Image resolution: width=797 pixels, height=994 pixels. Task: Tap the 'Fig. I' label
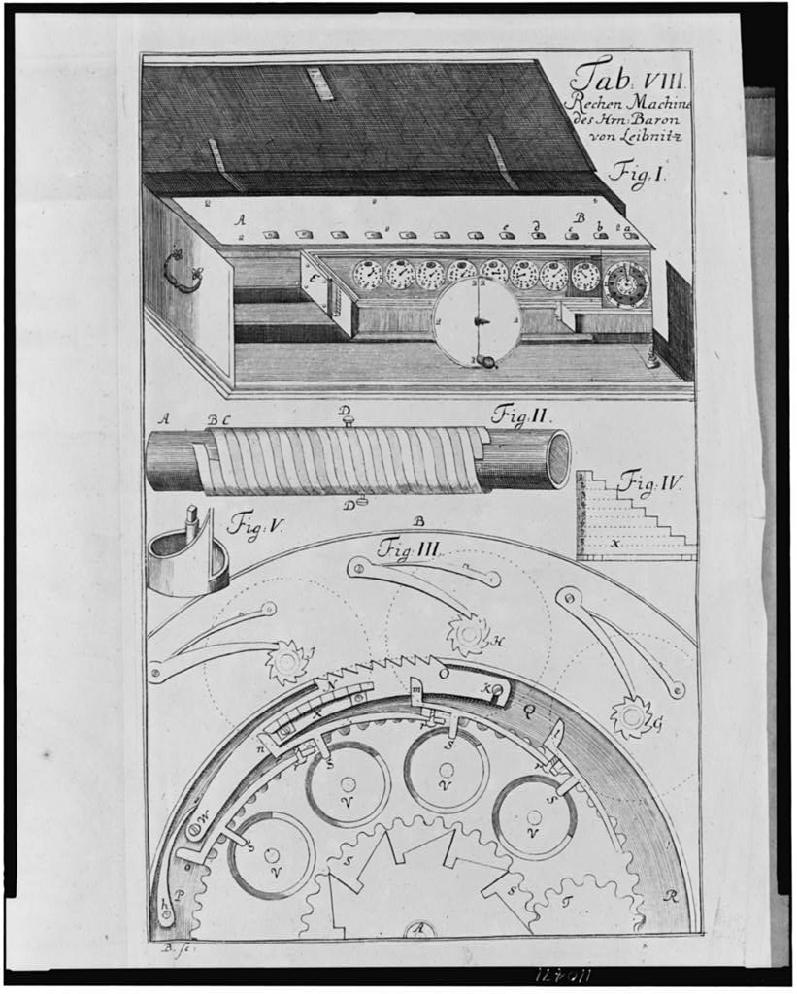(x=635, y=175)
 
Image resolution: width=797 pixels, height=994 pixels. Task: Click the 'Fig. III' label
(x=410, y=549)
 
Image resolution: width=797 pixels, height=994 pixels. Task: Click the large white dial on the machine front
(x=476, y=320)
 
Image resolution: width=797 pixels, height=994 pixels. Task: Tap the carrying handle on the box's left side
(x=182, y=269)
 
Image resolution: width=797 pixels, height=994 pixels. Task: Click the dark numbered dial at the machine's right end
(x=625, y=282)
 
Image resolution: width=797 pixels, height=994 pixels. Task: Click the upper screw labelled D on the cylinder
(x=346, y=416)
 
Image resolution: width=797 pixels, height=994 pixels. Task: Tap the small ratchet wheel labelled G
(x=630, y=716)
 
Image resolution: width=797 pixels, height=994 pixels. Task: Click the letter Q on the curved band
(x=529, y=710)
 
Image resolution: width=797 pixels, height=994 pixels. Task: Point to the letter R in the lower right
(x=670, y=896)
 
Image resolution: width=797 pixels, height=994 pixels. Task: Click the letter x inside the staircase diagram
(x=614, y=545)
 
